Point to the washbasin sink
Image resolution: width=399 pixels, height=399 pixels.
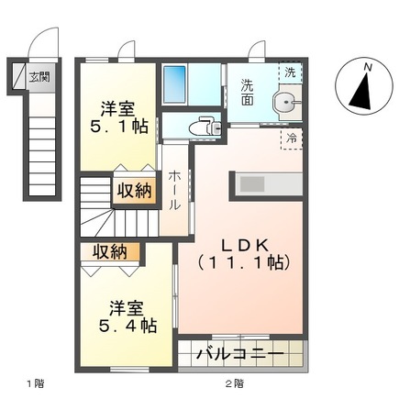point(288,103)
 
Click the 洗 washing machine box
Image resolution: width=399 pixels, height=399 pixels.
point(290,72)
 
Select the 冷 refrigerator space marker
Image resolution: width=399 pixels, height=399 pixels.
point(291,139)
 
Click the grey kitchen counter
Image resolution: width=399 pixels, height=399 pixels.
point(271,183)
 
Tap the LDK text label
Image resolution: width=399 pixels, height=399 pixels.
point(241,246)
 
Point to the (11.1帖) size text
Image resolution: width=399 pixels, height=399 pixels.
point(241,263)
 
